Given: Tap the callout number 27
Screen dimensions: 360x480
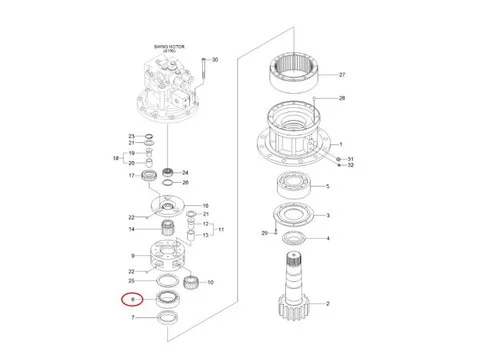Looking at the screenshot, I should tap(341, 75).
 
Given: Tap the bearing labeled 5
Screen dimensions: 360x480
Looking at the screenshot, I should tap(295, 186).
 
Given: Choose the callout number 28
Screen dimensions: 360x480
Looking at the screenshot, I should tap(341, 99).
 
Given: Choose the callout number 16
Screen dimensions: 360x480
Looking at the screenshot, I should tap(206, 205).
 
